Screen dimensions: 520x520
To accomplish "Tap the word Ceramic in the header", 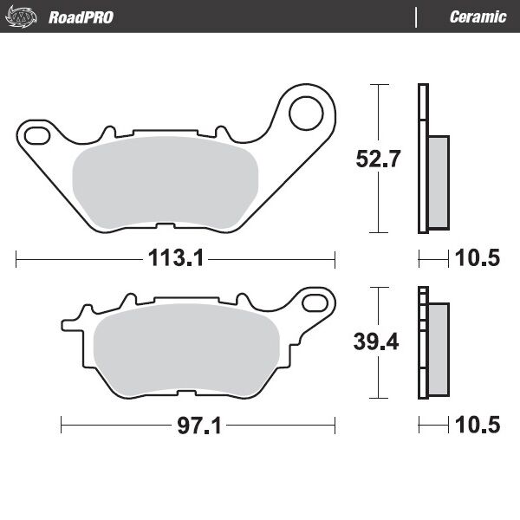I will (x=478, y=17).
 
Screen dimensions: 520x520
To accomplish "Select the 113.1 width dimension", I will (x=175, y=257).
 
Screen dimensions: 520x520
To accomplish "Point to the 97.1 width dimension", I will (x=198, y=425).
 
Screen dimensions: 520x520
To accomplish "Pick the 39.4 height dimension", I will (x=376, y=341).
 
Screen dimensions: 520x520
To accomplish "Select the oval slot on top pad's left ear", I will (x=36, y=135).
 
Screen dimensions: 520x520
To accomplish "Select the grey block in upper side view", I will (x=439, y=182).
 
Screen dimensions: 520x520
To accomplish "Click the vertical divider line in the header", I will (x=417, y=17).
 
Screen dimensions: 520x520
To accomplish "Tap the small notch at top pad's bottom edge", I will (x=165, y=227).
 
